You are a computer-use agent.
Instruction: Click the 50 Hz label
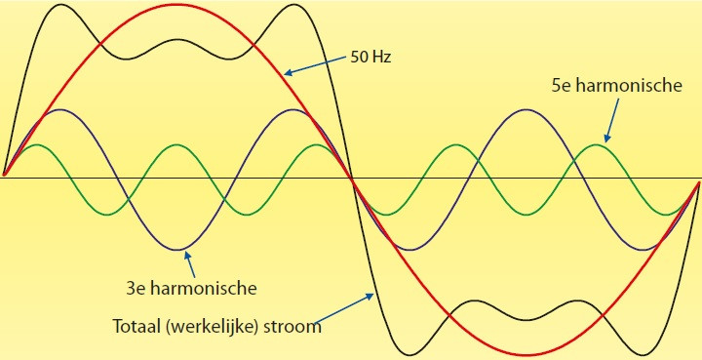pyautogui.click(x=371, y=56)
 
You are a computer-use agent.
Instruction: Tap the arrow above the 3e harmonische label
pyautogui.click(x=191, y=263)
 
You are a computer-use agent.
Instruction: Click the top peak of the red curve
pyautogui.click(x=177, y=4)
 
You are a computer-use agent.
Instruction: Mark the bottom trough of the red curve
pyautogui.click(x=526, y=353)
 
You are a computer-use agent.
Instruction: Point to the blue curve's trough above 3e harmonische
pyautogui.click(x=177, y=250)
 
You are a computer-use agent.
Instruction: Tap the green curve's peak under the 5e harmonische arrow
pyautogui.click(x=596, y=145)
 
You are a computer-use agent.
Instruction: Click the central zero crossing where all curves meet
pyautogui.click(x=351, y=178)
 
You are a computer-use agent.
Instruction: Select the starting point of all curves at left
pyautogui.click(x=4, y=177)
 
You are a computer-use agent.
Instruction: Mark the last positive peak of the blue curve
pyautogui.click(x=526, y=109)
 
